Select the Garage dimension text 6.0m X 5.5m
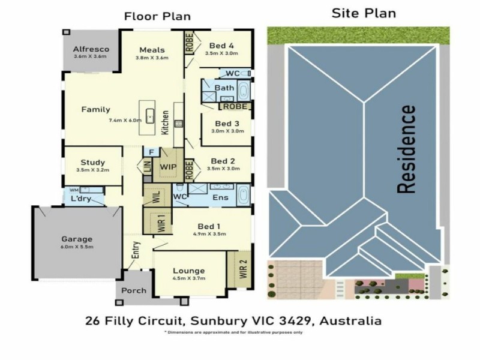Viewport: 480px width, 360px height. pos(77,247)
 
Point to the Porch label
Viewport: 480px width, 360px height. pos(133,290)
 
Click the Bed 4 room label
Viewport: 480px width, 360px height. pos(221,45)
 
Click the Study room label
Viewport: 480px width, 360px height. pos(93,162)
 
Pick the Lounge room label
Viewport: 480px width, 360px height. pos(189,270)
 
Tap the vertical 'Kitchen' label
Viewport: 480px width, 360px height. pos(165,122)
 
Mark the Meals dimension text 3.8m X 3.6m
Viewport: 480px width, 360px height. pos(152,58)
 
